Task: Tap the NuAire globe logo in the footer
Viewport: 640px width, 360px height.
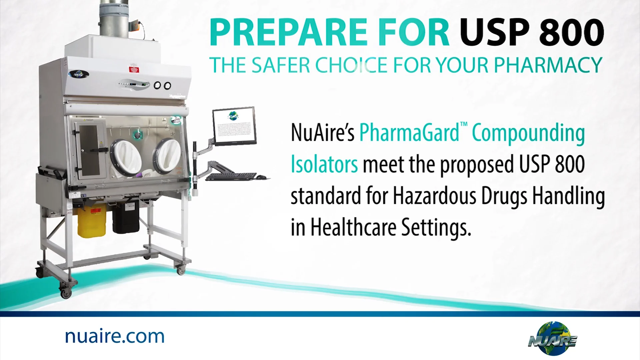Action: (553, 338)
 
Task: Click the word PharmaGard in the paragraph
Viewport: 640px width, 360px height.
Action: (409, 133)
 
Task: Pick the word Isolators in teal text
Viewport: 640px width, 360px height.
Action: (324, 164)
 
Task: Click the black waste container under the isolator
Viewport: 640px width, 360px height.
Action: (125, 217)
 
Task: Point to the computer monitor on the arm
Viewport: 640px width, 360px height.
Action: (234, 127)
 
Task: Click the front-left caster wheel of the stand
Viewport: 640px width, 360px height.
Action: (66, 292)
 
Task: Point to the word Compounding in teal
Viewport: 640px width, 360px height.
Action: (528, 133)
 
